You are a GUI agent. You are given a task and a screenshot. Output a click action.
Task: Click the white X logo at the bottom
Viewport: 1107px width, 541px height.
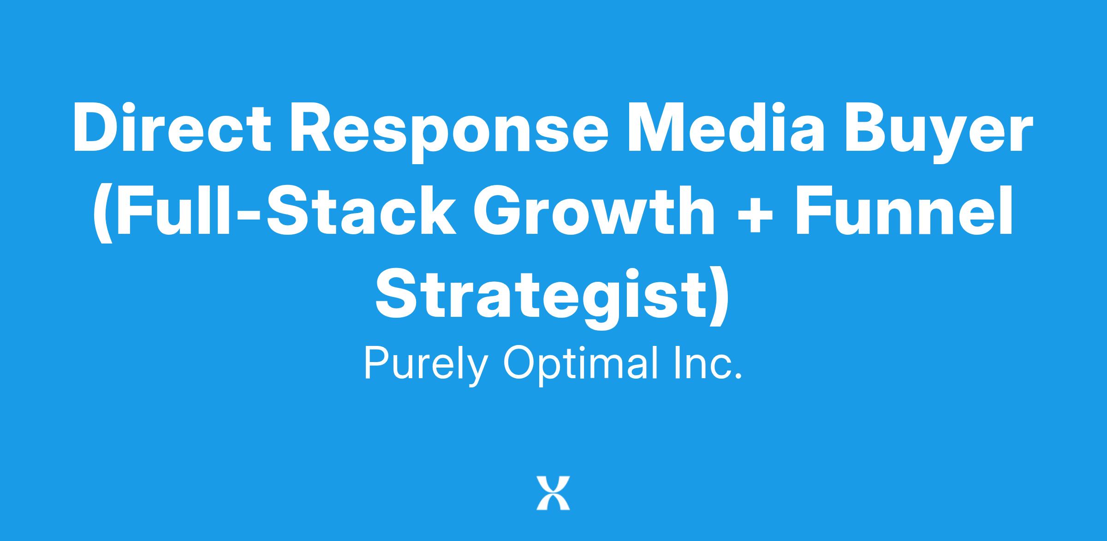click(x=553, y=493)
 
